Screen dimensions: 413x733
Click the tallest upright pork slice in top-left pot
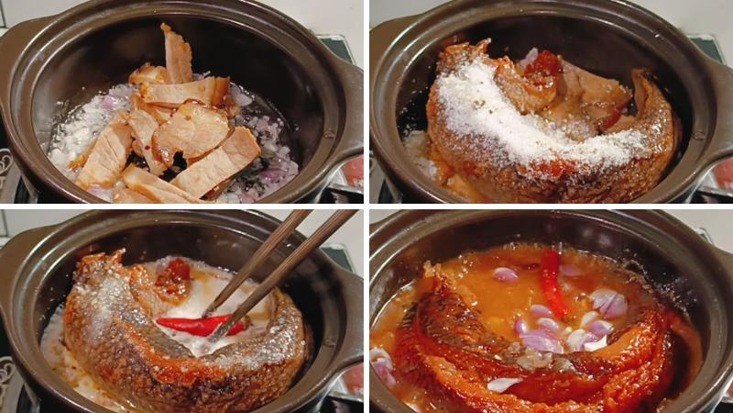(x=178, y=57)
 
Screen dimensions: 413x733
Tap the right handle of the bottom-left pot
(x=349, y=303)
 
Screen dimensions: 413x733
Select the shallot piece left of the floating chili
(x=505, y=273)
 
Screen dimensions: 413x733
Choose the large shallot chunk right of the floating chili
(x=609, y=304)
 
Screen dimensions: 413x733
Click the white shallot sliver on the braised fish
(x=504, y=384)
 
